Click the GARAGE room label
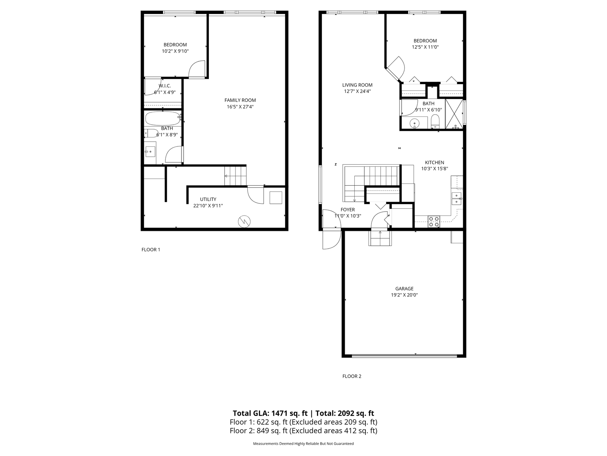(404, 289)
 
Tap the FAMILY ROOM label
(240, 100)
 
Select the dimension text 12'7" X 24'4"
(357, 91)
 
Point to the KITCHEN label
(434, 162)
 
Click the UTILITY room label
(208, 199)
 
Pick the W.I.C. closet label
(165, 86)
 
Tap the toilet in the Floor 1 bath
(151, 134)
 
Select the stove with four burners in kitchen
(434, 222)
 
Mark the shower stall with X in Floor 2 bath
(454, 114)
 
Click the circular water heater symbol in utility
(244, 221)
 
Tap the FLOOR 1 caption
(151, 250)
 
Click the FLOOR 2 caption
(352, 376)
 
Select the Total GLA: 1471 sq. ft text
(270, 413)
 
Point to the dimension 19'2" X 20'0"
(404, 295)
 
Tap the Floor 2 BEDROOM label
(425, 41)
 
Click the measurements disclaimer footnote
(303, 444)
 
